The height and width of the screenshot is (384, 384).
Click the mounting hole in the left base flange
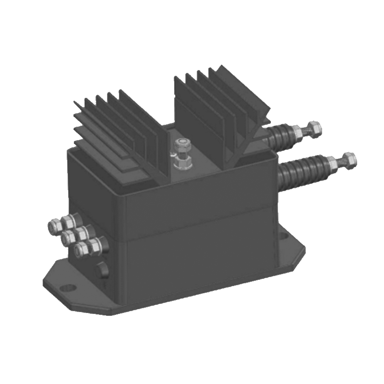pos(69,288)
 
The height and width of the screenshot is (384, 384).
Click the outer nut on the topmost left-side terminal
pos(54,224)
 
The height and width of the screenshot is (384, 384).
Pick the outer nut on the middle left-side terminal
pos(67,236)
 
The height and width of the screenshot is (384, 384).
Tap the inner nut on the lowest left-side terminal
pos(96,245)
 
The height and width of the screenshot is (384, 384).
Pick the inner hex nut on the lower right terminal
pos(333,164)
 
